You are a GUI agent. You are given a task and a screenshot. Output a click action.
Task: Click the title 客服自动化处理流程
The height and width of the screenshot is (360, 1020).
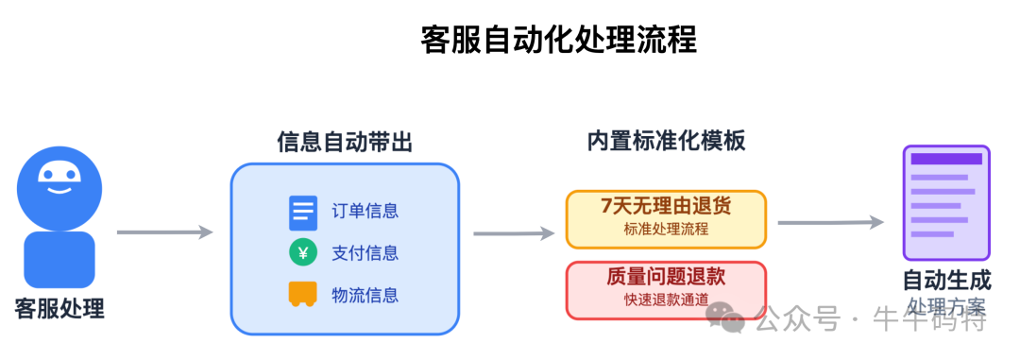pos(558,40)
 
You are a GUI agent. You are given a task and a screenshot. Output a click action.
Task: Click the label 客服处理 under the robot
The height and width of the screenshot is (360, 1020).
pos(59,309)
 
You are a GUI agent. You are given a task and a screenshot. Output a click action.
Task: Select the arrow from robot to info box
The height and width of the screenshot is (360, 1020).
pos(164,231)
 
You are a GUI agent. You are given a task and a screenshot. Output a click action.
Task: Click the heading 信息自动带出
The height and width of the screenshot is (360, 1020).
pos(345,143)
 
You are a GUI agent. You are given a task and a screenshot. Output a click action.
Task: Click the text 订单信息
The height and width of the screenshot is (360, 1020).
pos(365,211)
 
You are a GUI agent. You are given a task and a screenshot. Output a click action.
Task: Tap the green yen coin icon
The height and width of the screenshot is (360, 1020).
pos(303,252)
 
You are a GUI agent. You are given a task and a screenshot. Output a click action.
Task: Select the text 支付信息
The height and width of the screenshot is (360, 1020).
pos(365,252)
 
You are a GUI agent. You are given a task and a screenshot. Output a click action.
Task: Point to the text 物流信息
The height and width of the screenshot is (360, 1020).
pos(365,295)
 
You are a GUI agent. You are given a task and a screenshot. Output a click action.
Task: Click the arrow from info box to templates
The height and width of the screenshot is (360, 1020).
pos(513,232)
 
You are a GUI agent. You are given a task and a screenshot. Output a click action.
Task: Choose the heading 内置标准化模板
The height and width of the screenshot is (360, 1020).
pos(666,142)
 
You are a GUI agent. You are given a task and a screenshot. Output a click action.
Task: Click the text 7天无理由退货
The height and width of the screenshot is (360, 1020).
pos(666,206)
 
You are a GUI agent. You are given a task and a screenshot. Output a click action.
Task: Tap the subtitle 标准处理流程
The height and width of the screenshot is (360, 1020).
pos(666,229)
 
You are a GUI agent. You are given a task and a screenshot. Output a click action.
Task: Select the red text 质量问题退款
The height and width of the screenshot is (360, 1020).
pos(666,277)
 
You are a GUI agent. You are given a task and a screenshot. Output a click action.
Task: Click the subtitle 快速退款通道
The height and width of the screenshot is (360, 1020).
pos(666,300)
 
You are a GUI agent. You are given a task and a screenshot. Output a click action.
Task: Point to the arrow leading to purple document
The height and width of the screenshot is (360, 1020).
pos(830,223)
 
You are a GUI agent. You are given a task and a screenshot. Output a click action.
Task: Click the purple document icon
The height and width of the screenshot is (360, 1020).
pos(945,202)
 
